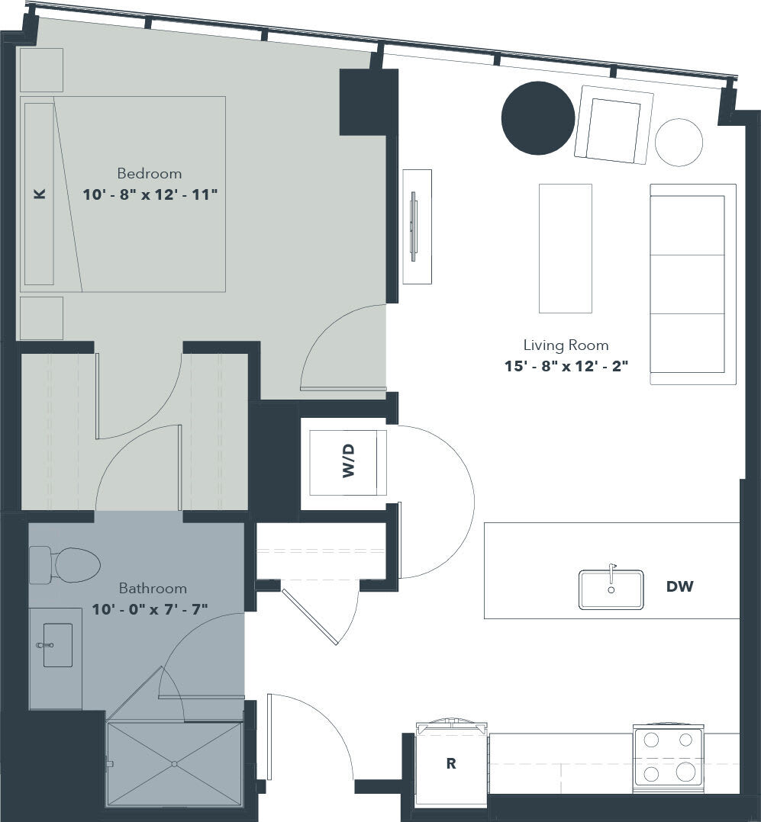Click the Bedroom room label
150,173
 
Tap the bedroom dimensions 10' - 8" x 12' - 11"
150,194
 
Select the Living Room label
566,345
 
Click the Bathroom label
153,588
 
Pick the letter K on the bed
40,194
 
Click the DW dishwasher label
679,586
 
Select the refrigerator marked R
451,763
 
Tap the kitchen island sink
611,589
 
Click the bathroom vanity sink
57,645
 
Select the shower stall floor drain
175,763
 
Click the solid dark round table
537,118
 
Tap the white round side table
679,142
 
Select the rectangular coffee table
565,248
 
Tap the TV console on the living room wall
417,226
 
